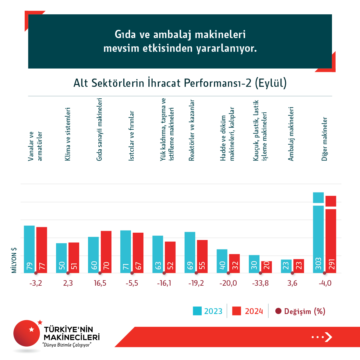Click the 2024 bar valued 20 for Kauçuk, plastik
coord(266,267)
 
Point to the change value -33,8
coord(260,283)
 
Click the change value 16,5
coord(100,283)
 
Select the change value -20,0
coord(228,283)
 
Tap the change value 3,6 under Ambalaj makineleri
coord(292,283)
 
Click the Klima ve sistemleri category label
coord(68,134)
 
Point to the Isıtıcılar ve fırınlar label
coord(131,136)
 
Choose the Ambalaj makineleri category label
coord(291,134)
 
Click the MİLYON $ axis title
coord(14,260)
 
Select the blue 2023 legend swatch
coord(197,311)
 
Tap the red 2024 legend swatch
coord(236,311)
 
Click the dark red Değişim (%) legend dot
coord(278,311)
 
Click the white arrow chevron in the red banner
coord(328,337)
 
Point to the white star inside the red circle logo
coord(31,329)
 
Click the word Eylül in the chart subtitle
coord(270,83)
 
